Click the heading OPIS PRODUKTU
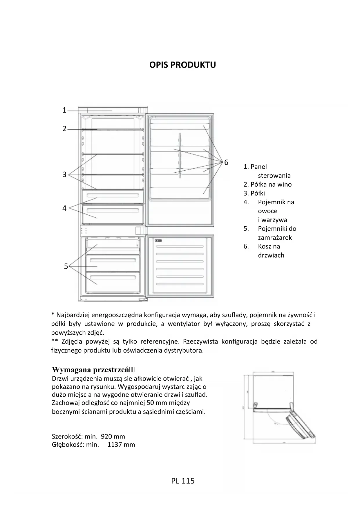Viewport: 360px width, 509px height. pos(182,65)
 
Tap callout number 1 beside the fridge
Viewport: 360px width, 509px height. pos(64,110)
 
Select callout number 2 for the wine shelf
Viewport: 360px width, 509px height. pos(64,129)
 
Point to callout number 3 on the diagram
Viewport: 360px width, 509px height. pos(64,174)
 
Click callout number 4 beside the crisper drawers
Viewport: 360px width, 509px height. pos(64,208)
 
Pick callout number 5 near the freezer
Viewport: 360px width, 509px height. pos(66,266)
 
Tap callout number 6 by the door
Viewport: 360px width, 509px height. pos(226,163)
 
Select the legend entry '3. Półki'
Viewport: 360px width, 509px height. pos(254,193)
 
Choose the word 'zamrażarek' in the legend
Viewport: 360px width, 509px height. pos(275,238)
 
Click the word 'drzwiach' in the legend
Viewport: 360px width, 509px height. pos(271,255)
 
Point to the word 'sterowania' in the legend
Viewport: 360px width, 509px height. pos(274,176)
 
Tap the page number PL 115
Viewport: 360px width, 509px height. pos(183,481)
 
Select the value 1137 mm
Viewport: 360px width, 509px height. pos(121,445)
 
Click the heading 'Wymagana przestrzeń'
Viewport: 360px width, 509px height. pos(90,370)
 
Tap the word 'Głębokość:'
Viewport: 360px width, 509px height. pos(68,445)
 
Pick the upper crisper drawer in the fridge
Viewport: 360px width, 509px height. pos(113,197)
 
